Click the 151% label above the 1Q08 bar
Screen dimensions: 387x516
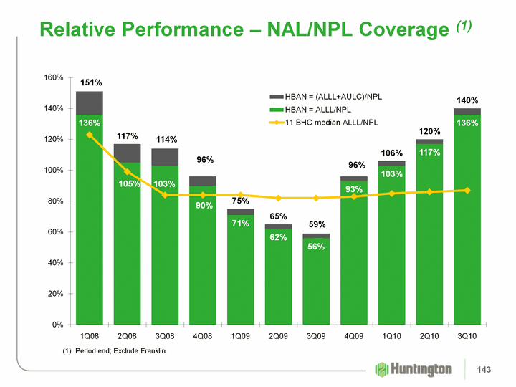(x=90, y=82)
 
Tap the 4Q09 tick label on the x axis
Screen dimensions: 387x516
(x=353, y=335)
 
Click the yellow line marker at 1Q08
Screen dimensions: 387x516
(x=90, y=135)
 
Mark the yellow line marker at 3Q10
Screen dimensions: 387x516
(x=467, y=190)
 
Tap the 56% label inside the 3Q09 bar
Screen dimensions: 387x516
(x=316, y=246)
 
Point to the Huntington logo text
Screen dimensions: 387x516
(x=423, y=369)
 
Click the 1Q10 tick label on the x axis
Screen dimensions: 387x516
(x=391, y=335)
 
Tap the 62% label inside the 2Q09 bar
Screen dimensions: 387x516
(x=278, y=237)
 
